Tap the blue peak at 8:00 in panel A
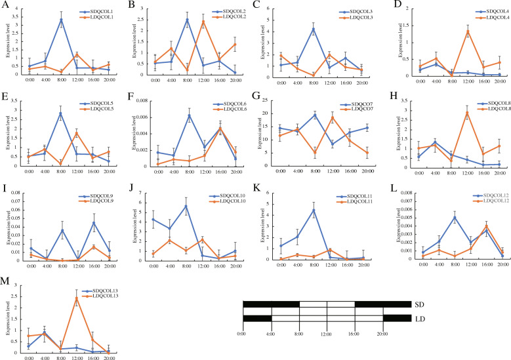[61, 20]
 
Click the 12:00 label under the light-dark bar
[327, 334]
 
